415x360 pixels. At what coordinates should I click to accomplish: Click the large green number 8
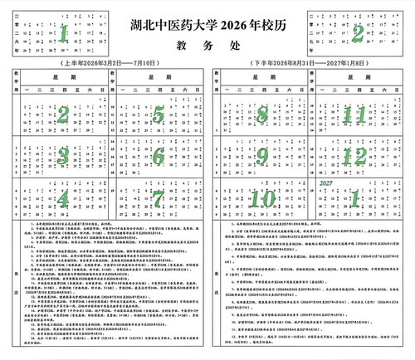click(262, 114)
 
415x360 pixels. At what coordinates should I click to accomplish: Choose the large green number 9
click(262, 155)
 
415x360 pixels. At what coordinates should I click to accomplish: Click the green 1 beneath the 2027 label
click(355, 199)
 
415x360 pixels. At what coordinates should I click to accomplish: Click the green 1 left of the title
click(63, 34)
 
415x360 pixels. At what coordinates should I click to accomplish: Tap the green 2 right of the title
click(357, 34)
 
